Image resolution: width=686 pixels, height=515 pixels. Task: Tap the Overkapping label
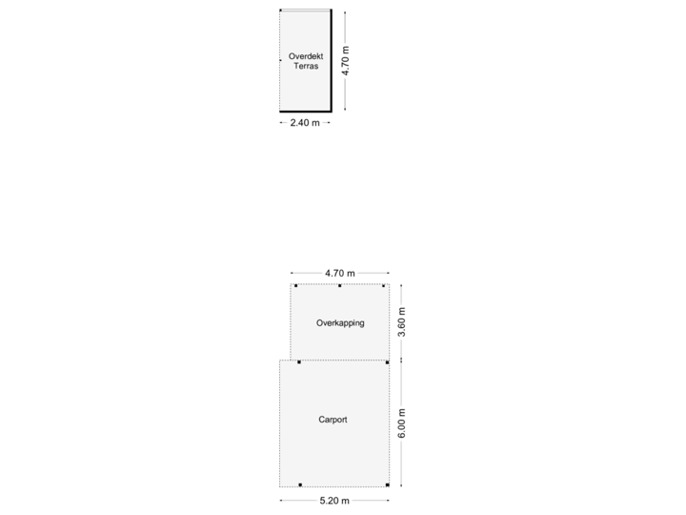tap(340, 323)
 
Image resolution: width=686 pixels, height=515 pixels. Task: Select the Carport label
tap(333, 420)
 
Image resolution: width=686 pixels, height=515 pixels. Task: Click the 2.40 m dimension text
tap(305, 123)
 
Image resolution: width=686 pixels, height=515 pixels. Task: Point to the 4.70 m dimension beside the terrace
tap(346, 60)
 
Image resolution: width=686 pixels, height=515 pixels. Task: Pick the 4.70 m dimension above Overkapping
tap(339, 274)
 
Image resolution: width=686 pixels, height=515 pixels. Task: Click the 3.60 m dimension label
tap(402, 322)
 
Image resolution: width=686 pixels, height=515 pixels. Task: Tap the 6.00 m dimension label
tap(402, 423)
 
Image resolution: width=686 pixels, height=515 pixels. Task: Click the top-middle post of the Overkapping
tap(339, 285)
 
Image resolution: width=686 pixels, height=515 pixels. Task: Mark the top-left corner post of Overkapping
tap(295, 285)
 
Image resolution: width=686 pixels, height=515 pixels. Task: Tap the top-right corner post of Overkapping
tap(384, 285)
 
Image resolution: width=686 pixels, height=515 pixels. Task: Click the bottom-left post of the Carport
tap(299, 484)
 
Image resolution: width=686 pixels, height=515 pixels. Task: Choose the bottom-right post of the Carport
tap(387, 484)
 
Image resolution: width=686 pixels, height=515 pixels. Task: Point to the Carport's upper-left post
tap(299, 362)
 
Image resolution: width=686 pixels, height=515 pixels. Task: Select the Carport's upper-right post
tap(387, 362)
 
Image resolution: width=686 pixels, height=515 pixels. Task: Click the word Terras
tap(305, 68)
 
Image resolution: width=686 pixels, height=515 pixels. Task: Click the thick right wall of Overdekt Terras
tap(331, 60)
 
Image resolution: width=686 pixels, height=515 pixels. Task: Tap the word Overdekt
tap(305, 56)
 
